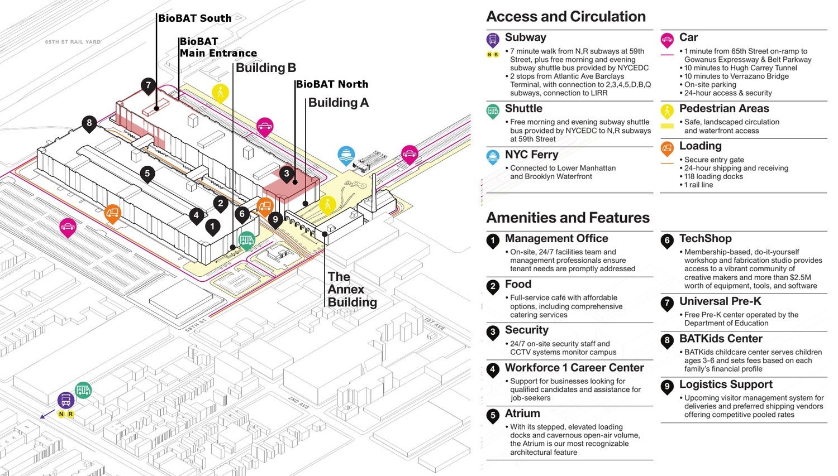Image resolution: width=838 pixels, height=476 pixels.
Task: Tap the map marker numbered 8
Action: pyautogui.click(x=89, y=123)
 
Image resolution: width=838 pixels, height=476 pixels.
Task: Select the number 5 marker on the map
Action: pyautogui.click(x=147, y=174)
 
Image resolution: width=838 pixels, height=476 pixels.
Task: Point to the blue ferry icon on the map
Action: pyautogui.click(x=346, y=155)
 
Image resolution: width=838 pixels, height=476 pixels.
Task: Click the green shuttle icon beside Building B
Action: pyautogui.click(x=246, y=241)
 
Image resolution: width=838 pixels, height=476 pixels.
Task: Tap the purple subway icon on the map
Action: pyautogui.click(x=66, y=400)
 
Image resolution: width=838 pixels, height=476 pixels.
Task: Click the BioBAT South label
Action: pyautogui.click(x=194, y=18)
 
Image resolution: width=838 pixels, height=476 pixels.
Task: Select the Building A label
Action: pyautogui.click(x=338, y=103)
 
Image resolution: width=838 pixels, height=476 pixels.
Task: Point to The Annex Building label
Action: pyautogui.click(x=352, y=290)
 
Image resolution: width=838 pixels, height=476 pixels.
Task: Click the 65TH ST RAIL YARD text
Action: pyautogui.click(x=73, y=42)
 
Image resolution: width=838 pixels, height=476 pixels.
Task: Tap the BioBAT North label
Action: pyautogui.click(x=332, y=84)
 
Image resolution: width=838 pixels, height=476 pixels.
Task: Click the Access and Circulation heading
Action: pyautogui.click(x=566, y=17)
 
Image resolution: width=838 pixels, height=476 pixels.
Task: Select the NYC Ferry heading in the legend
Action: pyautogui.click(x=531, y=155)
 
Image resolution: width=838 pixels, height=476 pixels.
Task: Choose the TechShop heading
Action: pyautogui.click(x=705, y=239)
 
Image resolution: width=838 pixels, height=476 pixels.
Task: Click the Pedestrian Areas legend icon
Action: pyautogui.click(x=667, y=110)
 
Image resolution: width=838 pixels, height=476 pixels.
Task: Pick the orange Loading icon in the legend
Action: pyautogui.click(x=667, y=148)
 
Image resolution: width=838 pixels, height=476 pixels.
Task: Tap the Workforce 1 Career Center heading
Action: pyautogui.click(x=574, y=368)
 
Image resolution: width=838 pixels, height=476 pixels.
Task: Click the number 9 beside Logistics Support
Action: pyautogui.click(x=667, y=386)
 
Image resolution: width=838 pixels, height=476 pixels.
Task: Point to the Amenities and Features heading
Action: pyautogui.click(x=568, y=218)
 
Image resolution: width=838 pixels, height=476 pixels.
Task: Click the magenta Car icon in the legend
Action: pyautogui.click(x=667, y=40)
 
